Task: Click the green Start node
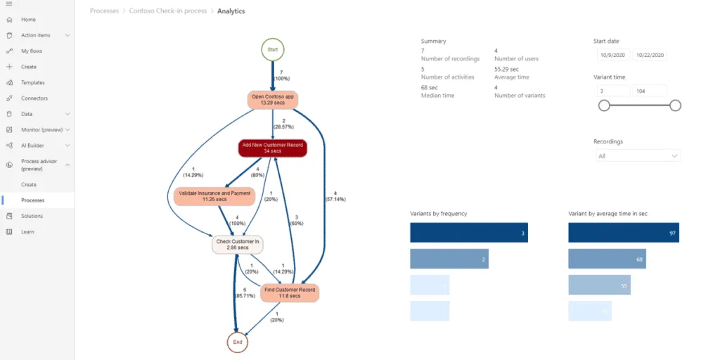(273, 49)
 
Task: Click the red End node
(238, 342)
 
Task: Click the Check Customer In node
(238, 244)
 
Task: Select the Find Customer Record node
(290, 292)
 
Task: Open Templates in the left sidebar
(32, 82)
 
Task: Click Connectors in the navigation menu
(34, 98)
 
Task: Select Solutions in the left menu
(32, 216)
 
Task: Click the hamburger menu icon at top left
(9, 5)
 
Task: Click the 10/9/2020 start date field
(612, 55)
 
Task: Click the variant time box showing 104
(649, 91)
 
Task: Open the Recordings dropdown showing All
(637, 155)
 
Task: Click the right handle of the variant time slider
(675, 105)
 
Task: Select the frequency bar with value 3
(468, 233)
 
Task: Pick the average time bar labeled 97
(624, 233)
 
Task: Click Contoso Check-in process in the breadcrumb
(169, 11)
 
